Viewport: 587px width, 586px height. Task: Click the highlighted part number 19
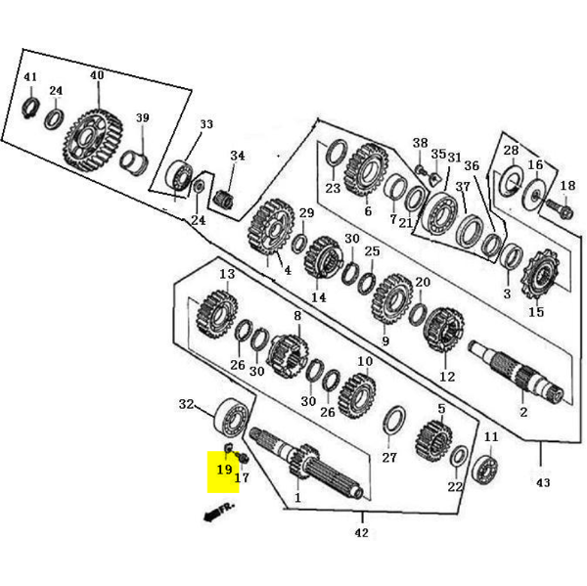pyautogui.click(x=225, y=470)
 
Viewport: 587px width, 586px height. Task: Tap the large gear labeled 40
pyautogui.click(x=93, y=141)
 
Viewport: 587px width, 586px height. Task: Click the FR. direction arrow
pyautogui.click(x=219, y=512)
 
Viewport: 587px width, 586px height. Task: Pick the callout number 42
pyautogui.click(x=362, y=532)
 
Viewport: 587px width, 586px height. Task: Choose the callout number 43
pyautogui.click(x=543, y=482)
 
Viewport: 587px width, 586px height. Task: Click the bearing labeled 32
pyautogui.click(x=233, y=419)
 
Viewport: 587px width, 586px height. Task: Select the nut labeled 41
pyautogui.click(x=30, y=107)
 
